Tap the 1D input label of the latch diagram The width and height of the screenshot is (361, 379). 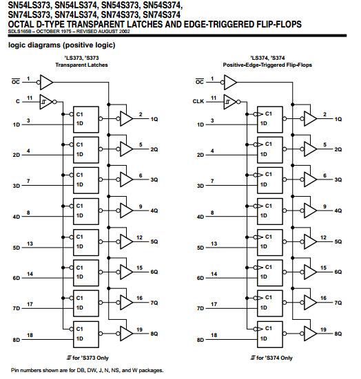click(x=17, y=125)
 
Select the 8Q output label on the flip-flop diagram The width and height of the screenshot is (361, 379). click(x=338, y=333)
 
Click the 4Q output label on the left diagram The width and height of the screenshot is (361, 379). click(x=154, y=210)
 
